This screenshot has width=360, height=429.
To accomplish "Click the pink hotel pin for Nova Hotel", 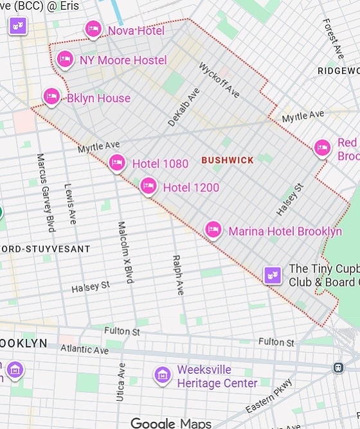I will [93, 29].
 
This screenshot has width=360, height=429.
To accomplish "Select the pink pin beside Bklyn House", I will [51, 97].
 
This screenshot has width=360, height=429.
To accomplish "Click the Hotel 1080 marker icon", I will [116, 163].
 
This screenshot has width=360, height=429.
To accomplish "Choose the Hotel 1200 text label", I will [191, 188].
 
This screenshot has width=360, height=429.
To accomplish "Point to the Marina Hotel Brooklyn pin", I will [213, 229].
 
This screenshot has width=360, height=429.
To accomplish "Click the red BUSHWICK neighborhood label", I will [228, 160].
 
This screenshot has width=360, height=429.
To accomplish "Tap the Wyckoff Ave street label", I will [219, 80].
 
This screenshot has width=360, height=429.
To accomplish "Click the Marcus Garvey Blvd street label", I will [46, 192].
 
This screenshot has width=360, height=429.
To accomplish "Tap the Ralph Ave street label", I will [177, 275].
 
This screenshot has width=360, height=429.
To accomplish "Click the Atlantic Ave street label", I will [84, 349].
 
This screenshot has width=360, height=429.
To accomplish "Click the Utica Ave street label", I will [120, 381].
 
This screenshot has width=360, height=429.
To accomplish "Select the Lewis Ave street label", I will [70, 204].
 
